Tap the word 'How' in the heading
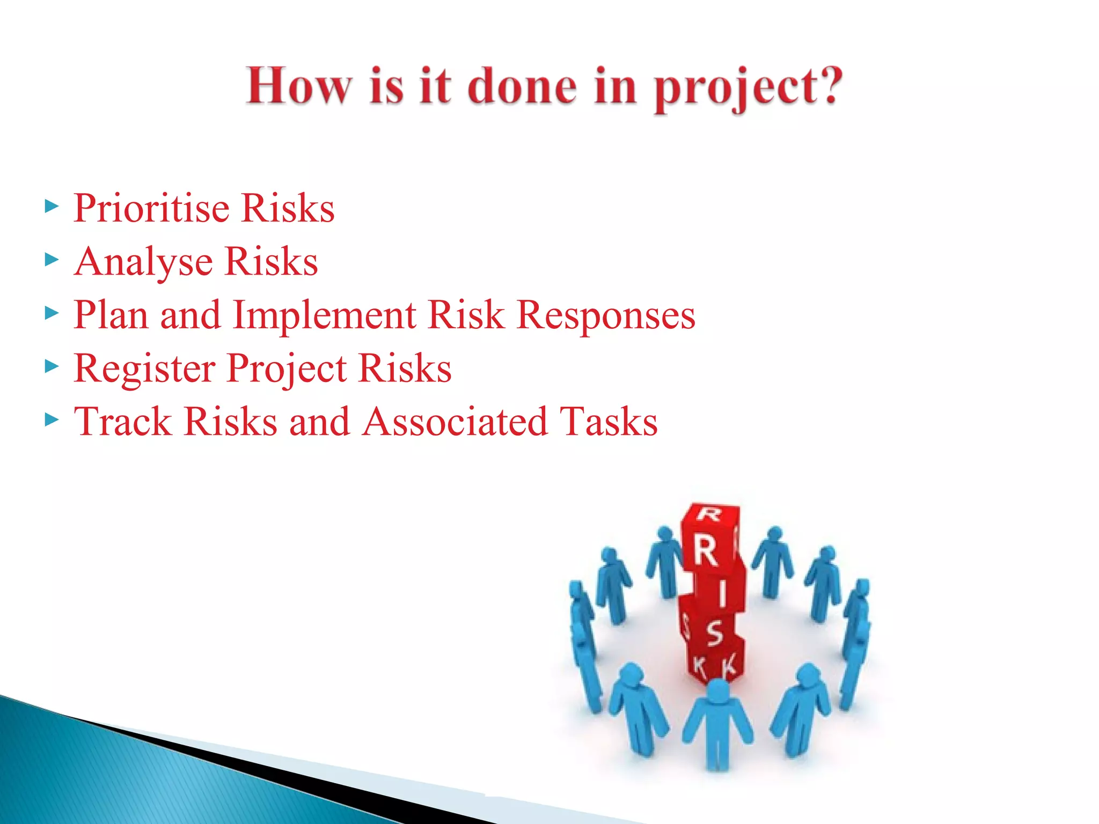click(298, 86)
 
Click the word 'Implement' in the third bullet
click(324, 315)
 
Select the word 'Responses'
click(606, 315)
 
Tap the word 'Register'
click(144, 369)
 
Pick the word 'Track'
click(122, 422)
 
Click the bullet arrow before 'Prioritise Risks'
click(52, 207)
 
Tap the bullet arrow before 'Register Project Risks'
click(52, 367)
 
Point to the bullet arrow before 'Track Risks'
click(52, 420)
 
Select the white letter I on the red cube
click(722, 593)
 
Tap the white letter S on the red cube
click(714, 632)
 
